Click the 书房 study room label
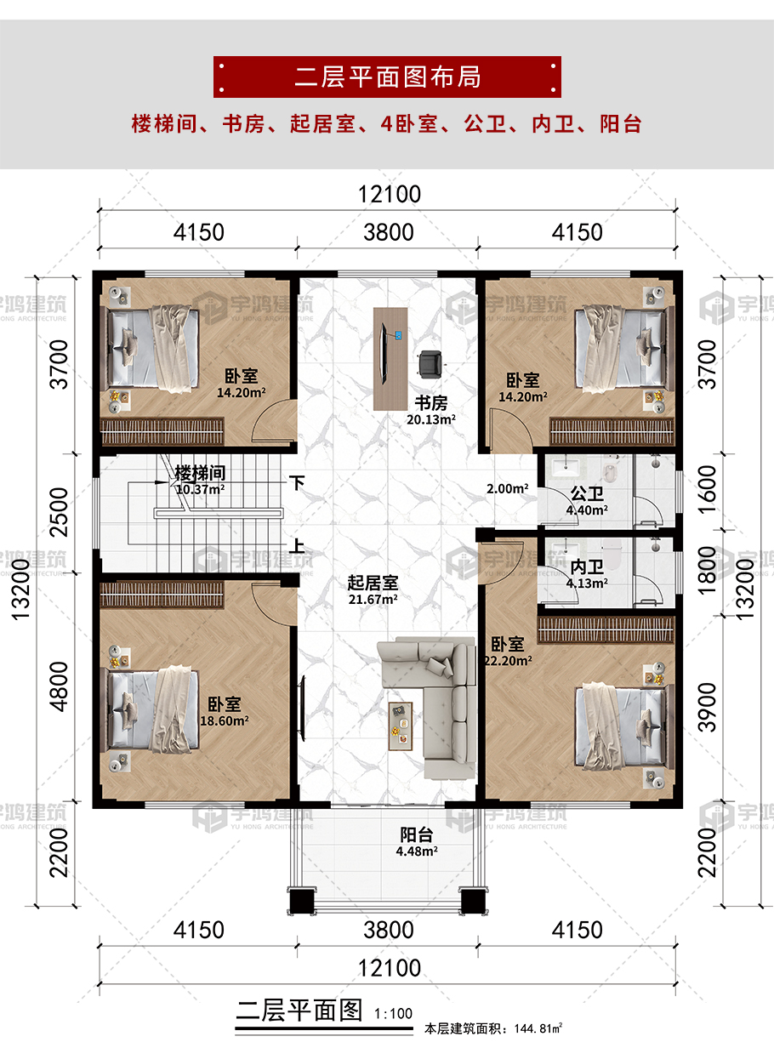tap(430, 403)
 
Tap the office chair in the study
tap(430, 364)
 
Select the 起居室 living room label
tap(373, 583)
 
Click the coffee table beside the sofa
tap(401, 726)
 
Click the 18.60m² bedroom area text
tap(224, 721)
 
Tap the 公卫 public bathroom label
tap(587, 493)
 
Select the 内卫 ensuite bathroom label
tap(587, 567)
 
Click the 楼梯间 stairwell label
tap(200, 473)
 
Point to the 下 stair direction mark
tap(297, 482)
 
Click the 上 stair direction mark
tap(297, 546)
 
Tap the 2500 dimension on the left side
tap(59, 512)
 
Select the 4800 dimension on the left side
tap(59, 687)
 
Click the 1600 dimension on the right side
tap(708, 490)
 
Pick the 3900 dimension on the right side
tap(708, 708)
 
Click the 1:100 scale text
tap(394, 1014)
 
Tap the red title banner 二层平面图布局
tap(387, 77)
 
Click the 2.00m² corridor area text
tap(508, 488)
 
